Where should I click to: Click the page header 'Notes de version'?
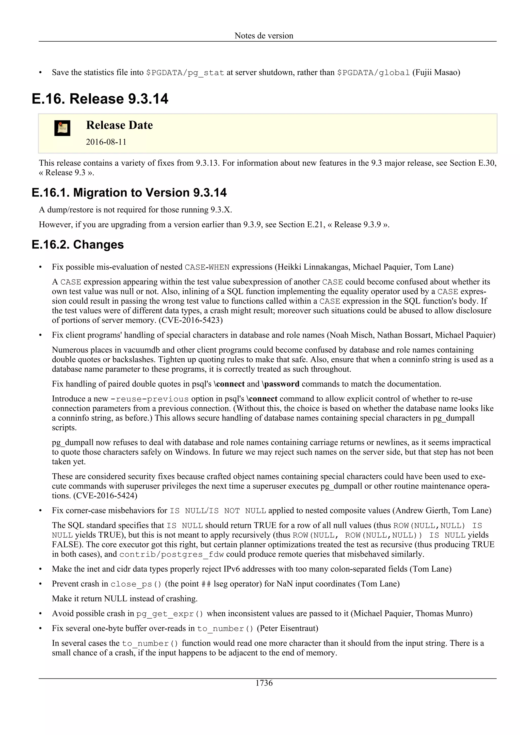point(264,36)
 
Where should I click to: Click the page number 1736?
point(264,683)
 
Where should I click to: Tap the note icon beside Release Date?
point(62,128)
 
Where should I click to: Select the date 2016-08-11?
point(106,142)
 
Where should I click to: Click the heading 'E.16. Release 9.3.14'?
point(100,99)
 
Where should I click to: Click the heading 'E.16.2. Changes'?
point(78,244)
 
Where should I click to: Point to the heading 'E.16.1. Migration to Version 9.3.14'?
point(129,193)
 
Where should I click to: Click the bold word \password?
point(281,384)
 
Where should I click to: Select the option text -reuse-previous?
point(149,399)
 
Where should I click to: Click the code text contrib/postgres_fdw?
point(171,554)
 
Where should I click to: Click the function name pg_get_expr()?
point(170,614)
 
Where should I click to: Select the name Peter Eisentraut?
point(287,628)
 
